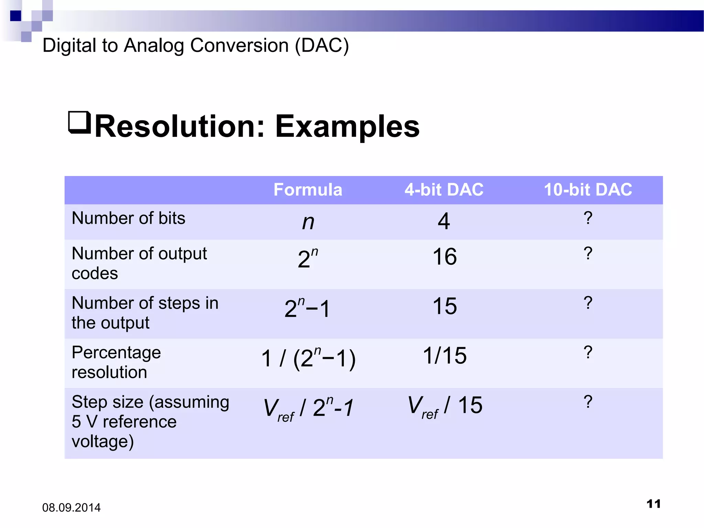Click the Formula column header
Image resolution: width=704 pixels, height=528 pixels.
(x=308, y=190)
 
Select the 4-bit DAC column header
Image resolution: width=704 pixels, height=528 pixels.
(x=444, y=190)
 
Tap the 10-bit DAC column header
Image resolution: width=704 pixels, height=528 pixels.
(x=588, y=190)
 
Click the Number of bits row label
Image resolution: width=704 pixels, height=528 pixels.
(x=128, y=218)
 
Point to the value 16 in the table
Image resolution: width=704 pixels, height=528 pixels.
(x=444, y=257)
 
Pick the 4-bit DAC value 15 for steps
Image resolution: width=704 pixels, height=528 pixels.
(x=444, y=306)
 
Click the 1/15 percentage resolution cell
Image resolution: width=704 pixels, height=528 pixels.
(x=444, y=355)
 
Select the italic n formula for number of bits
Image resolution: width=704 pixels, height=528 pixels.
(x=308, y=222)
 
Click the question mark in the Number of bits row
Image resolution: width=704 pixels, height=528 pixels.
(x=588, y=218)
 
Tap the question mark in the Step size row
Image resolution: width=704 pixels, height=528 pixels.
(x=588, y=401)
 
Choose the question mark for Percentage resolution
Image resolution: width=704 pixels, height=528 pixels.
(x=588, y=352)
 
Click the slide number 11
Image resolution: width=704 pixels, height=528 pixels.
(x=653, y=504)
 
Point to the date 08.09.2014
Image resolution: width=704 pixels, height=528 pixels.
(x=71, y=508)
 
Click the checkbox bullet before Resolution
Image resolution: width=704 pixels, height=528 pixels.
(x=79, y=122)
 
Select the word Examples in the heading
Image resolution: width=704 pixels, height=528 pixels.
(x=347, y=127)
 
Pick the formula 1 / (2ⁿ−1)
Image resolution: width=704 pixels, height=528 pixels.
(x=308, y=359)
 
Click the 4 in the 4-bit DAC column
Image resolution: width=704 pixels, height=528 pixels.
(x=444, y=221)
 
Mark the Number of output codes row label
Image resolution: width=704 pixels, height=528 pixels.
(x=139, y=263)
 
